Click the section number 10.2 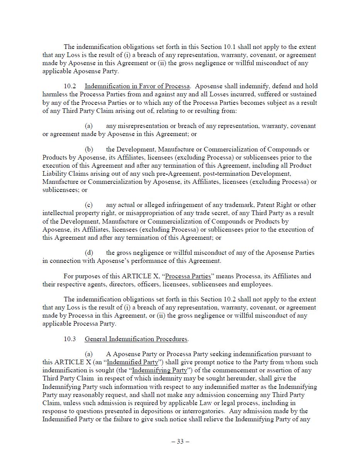coord(70,86)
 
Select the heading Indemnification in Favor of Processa coord(137,86)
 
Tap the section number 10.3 coord(70,339)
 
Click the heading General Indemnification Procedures coord(136,339)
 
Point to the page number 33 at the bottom coord(180,441)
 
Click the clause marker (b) coord(89,149)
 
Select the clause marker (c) coord(89,205)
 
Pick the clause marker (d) coord(89,252)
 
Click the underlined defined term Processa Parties coord(188,276)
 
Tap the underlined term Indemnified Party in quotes coord(132,362)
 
